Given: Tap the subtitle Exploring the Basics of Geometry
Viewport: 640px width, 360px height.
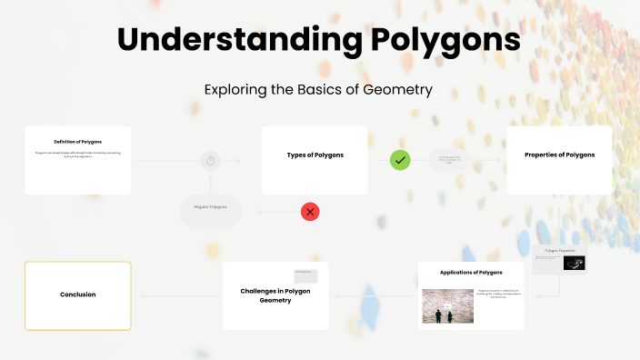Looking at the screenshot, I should (318, 90).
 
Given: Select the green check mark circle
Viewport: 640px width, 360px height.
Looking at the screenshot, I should (400, 160).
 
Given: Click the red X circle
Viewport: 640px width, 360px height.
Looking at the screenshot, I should (311, 212).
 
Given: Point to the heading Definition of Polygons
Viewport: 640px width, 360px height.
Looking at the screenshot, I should (77, 142).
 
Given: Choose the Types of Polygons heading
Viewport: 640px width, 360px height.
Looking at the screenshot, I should (315, 155).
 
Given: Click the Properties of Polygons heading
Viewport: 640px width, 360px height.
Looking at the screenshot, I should (559, 155).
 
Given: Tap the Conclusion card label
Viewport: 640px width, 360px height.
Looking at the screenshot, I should (77, 295).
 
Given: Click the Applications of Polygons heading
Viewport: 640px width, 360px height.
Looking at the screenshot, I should (471, 272).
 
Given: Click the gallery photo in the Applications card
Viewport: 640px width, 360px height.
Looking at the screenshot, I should (444, 307).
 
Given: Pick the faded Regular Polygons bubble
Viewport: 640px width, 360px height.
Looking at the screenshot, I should (210, 207).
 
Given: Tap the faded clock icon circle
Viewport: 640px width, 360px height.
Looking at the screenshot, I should (211, 161).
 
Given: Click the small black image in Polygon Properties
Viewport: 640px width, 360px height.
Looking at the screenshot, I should (574, 263).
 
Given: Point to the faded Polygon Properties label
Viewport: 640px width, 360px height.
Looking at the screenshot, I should (560, 249).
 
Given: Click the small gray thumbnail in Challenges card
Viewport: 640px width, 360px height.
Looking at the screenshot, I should (305, 275).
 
